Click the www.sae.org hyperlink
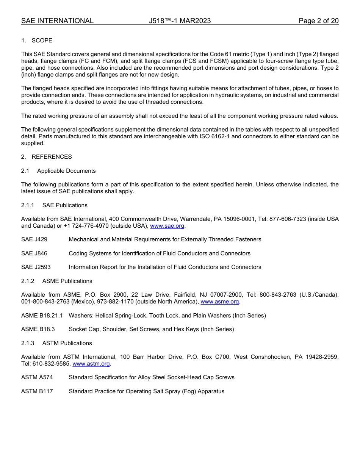pyautogui.click(x=167, y=226)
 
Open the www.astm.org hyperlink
pyautogui.click(x=91, y=364)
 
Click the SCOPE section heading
pyautogui.click(x=42, y=41)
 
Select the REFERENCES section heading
pyautogui.click(x=52, y=157)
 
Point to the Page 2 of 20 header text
pyautogui.click(x=318, y=21)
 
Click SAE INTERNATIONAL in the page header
pyautogui.click(x=57, y=21)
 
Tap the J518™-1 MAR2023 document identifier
pyautogui.click(x=180, y=21)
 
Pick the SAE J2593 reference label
pyautogui.click(x=36, y=267)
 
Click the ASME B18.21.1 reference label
pyautogui.click(x=42, y=316)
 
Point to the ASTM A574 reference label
pyautogui.click(x=37, y=377)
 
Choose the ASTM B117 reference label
pyautogui.click(x=37, y=391)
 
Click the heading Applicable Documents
pyautogui.click(x=66, y=171)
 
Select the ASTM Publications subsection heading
pyautogui.click(x=67, y=343)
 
